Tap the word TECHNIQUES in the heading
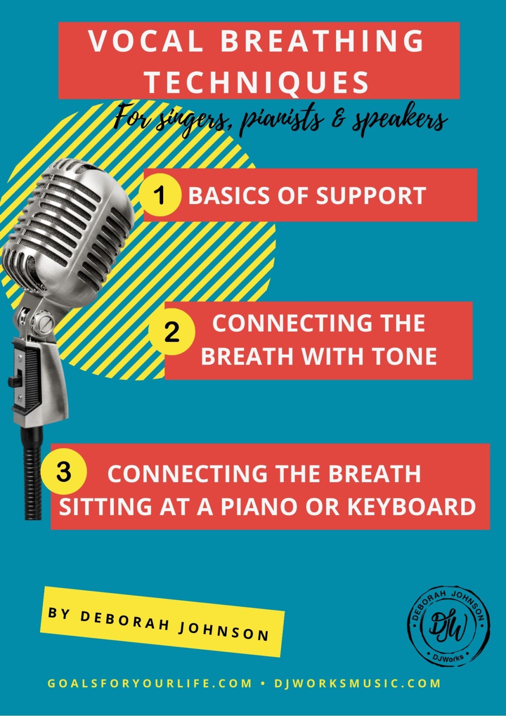[x=258, y=82]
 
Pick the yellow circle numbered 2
[x=172, y=332]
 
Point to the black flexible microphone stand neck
[x=32, y=473]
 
